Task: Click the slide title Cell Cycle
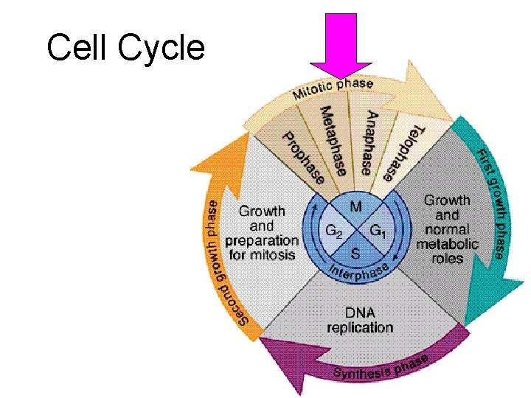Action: (x=125, y=49)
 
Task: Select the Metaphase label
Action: (x=333, y=141)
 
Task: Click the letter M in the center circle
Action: (x=355, y=206)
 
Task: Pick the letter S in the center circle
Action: (x=355, y=255)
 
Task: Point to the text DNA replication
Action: (x=360, y=320)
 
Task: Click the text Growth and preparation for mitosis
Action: (x=262, y=233)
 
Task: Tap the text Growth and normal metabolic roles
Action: (x=447, y=228)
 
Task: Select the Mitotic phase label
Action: (x=333, y=89)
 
